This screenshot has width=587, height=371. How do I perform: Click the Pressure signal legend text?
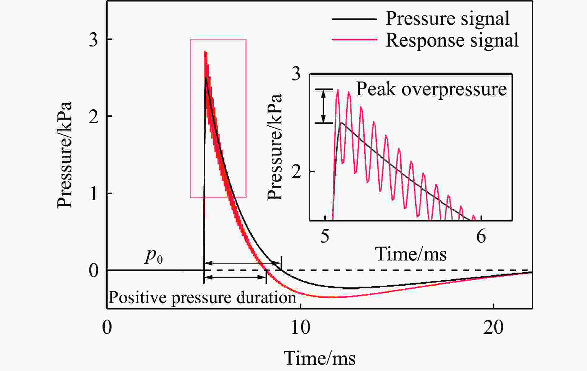coord(447,19)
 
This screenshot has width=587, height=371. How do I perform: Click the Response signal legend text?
coord(452,40)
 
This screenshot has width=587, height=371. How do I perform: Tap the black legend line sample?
coord(354,19)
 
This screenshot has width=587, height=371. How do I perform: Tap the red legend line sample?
coord(354,40)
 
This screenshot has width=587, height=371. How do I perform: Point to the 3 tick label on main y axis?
coord(93,40)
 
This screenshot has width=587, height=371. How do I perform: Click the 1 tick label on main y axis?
coord(93,193)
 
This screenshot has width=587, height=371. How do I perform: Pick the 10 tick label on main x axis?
coord(300,328)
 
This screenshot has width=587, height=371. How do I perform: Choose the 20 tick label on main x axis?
coord(493,328)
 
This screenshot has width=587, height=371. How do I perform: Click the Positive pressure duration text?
coord(202,298)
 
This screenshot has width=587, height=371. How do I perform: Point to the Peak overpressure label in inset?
coord(431,89)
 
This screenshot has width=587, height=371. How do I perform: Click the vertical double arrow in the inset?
coord(324,106)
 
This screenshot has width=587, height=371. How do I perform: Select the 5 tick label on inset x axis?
coord(325,237)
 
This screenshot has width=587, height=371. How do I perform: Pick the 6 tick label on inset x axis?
coord(481,237)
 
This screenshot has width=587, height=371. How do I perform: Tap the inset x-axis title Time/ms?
coord(411,254)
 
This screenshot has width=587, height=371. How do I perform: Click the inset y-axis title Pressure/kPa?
coord(275,147)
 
